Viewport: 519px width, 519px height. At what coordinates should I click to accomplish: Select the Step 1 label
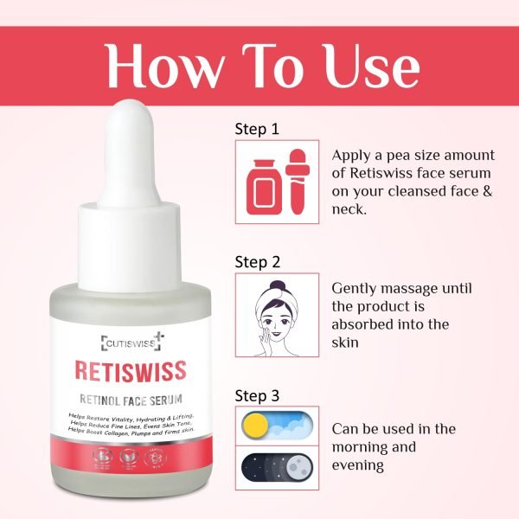(x=257, y=129)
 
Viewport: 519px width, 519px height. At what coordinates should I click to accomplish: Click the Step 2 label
(x=257, y=262)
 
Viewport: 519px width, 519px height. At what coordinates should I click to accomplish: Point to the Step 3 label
(x=257, y=395)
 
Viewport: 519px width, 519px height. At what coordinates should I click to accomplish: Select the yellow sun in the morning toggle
(x=255, y=426)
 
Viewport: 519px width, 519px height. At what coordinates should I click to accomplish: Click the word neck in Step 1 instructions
(x=349, y=210)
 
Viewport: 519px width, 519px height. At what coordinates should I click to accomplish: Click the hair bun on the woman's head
(x=277, y=285)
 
